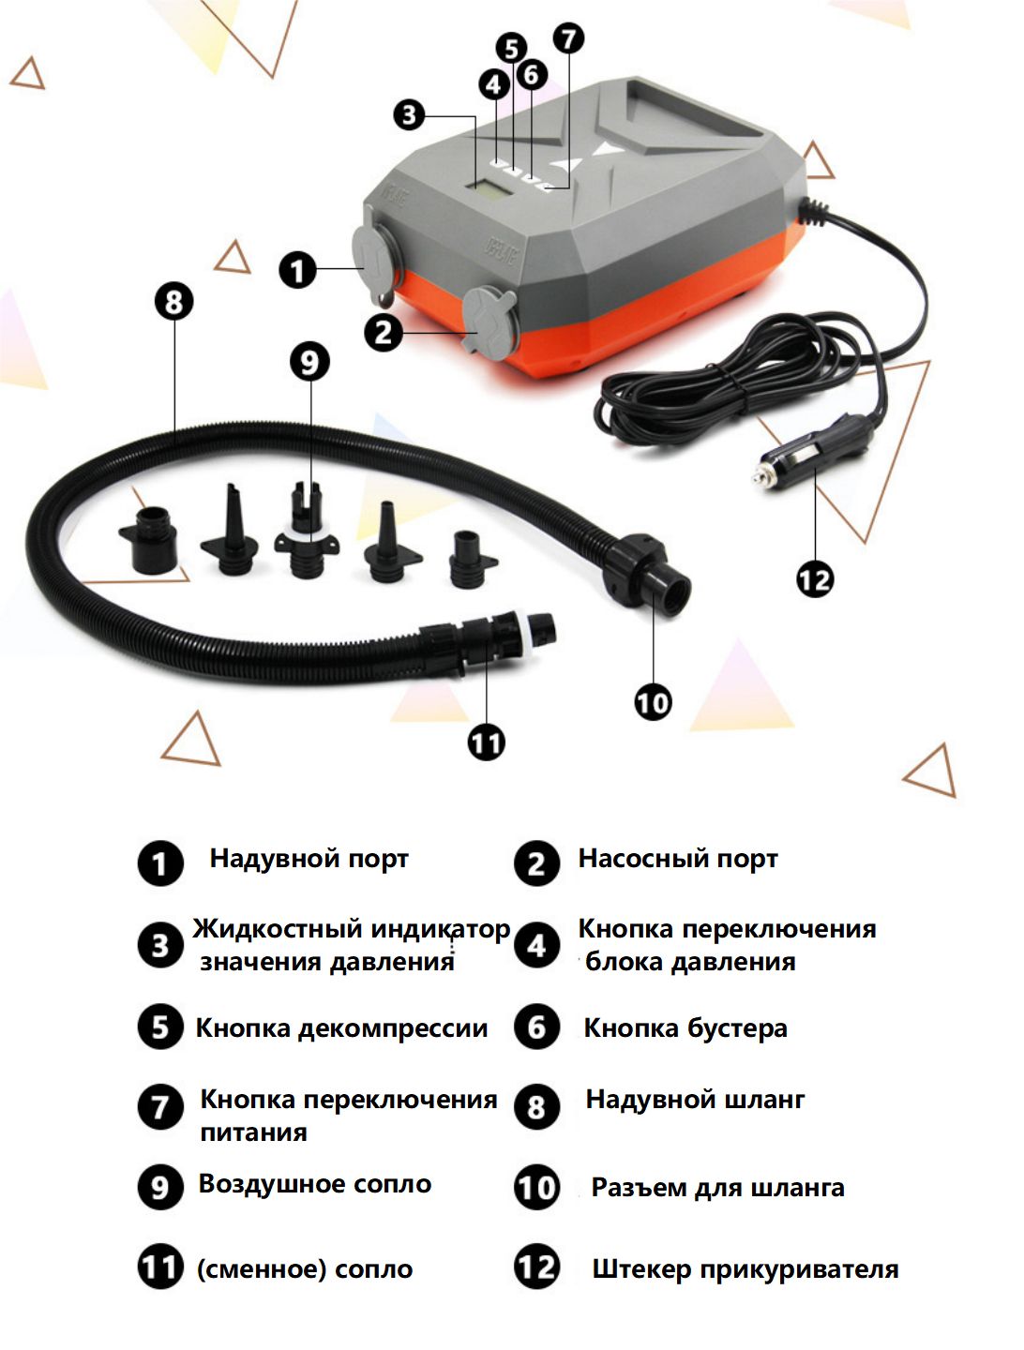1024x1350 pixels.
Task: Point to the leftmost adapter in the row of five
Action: click(149, 541)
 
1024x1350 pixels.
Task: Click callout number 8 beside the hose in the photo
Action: click(173, 302)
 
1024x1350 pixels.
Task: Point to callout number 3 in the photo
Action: click(409, 115)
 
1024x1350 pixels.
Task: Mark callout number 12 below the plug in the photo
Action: click(814, 579)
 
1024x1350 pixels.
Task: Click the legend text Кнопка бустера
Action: click(685, 1028)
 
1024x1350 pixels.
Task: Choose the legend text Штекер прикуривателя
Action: click(745, 1269)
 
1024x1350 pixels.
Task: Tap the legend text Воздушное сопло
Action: click(314, 1184)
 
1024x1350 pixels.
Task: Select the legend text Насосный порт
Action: click(677, 859)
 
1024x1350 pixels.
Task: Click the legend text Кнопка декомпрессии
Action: click(341, 1028)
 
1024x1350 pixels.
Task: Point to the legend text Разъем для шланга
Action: click(717, 1188)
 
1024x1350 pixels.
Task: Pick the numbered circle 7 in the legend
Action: click(160, 1107)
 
